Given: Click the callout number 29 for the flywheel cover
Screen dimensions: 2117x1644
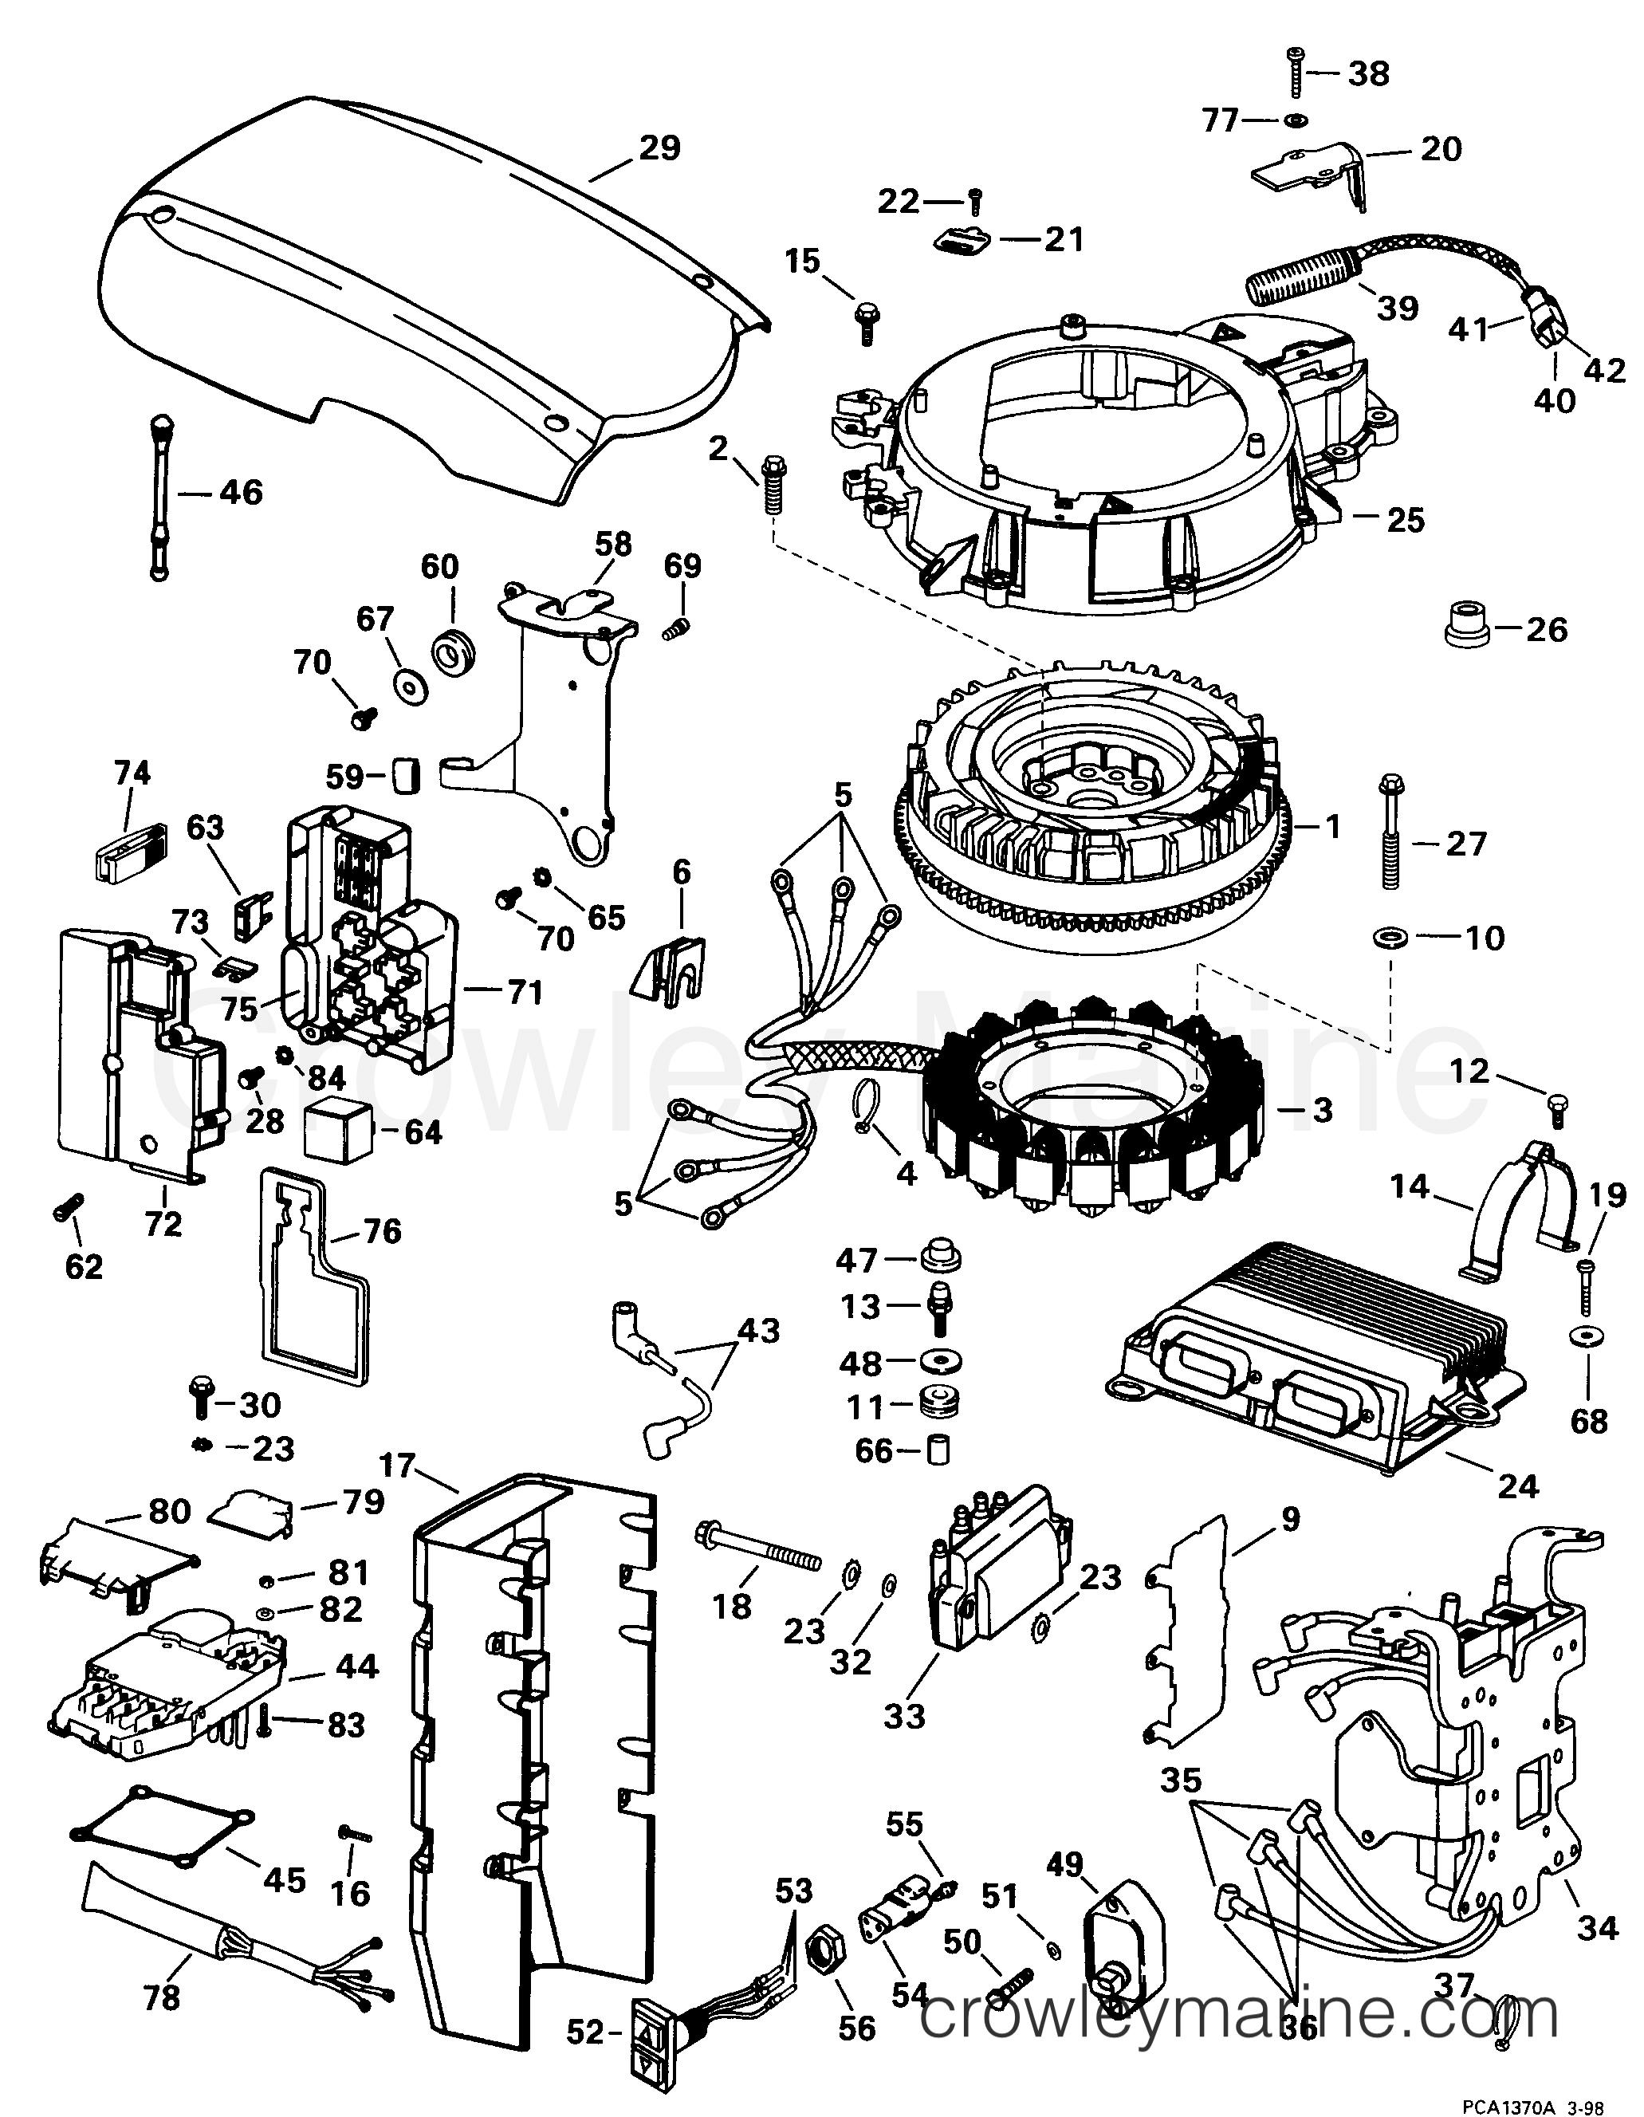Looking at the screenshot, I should tap(659, 148).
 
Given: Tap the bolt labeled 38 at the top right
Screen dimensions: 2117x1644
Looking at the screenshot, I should tap(1298, 72).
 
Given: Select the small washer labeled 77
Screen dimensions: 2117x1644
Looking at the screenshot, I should tap(1295, 120).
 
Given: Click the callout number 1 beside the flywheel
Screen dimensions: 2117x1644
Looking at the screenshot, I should tap(1333, 826).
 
